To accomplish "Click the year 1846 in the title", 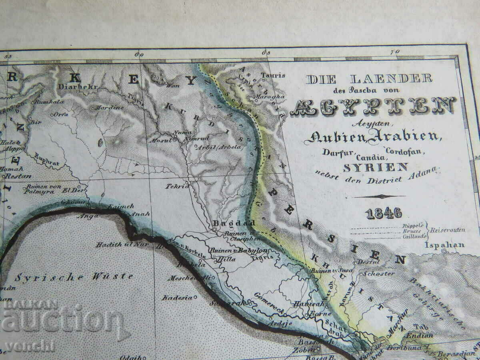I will point(384,213).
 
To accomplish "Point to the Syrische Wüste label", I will point(74,276).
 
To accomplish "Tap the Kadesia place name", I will point(175,298).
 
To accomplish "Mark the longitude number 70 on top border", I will point(395,52).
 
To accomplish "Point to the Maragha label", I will point(274,96).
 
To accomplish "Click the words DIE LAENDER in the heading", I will point(369,79).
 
